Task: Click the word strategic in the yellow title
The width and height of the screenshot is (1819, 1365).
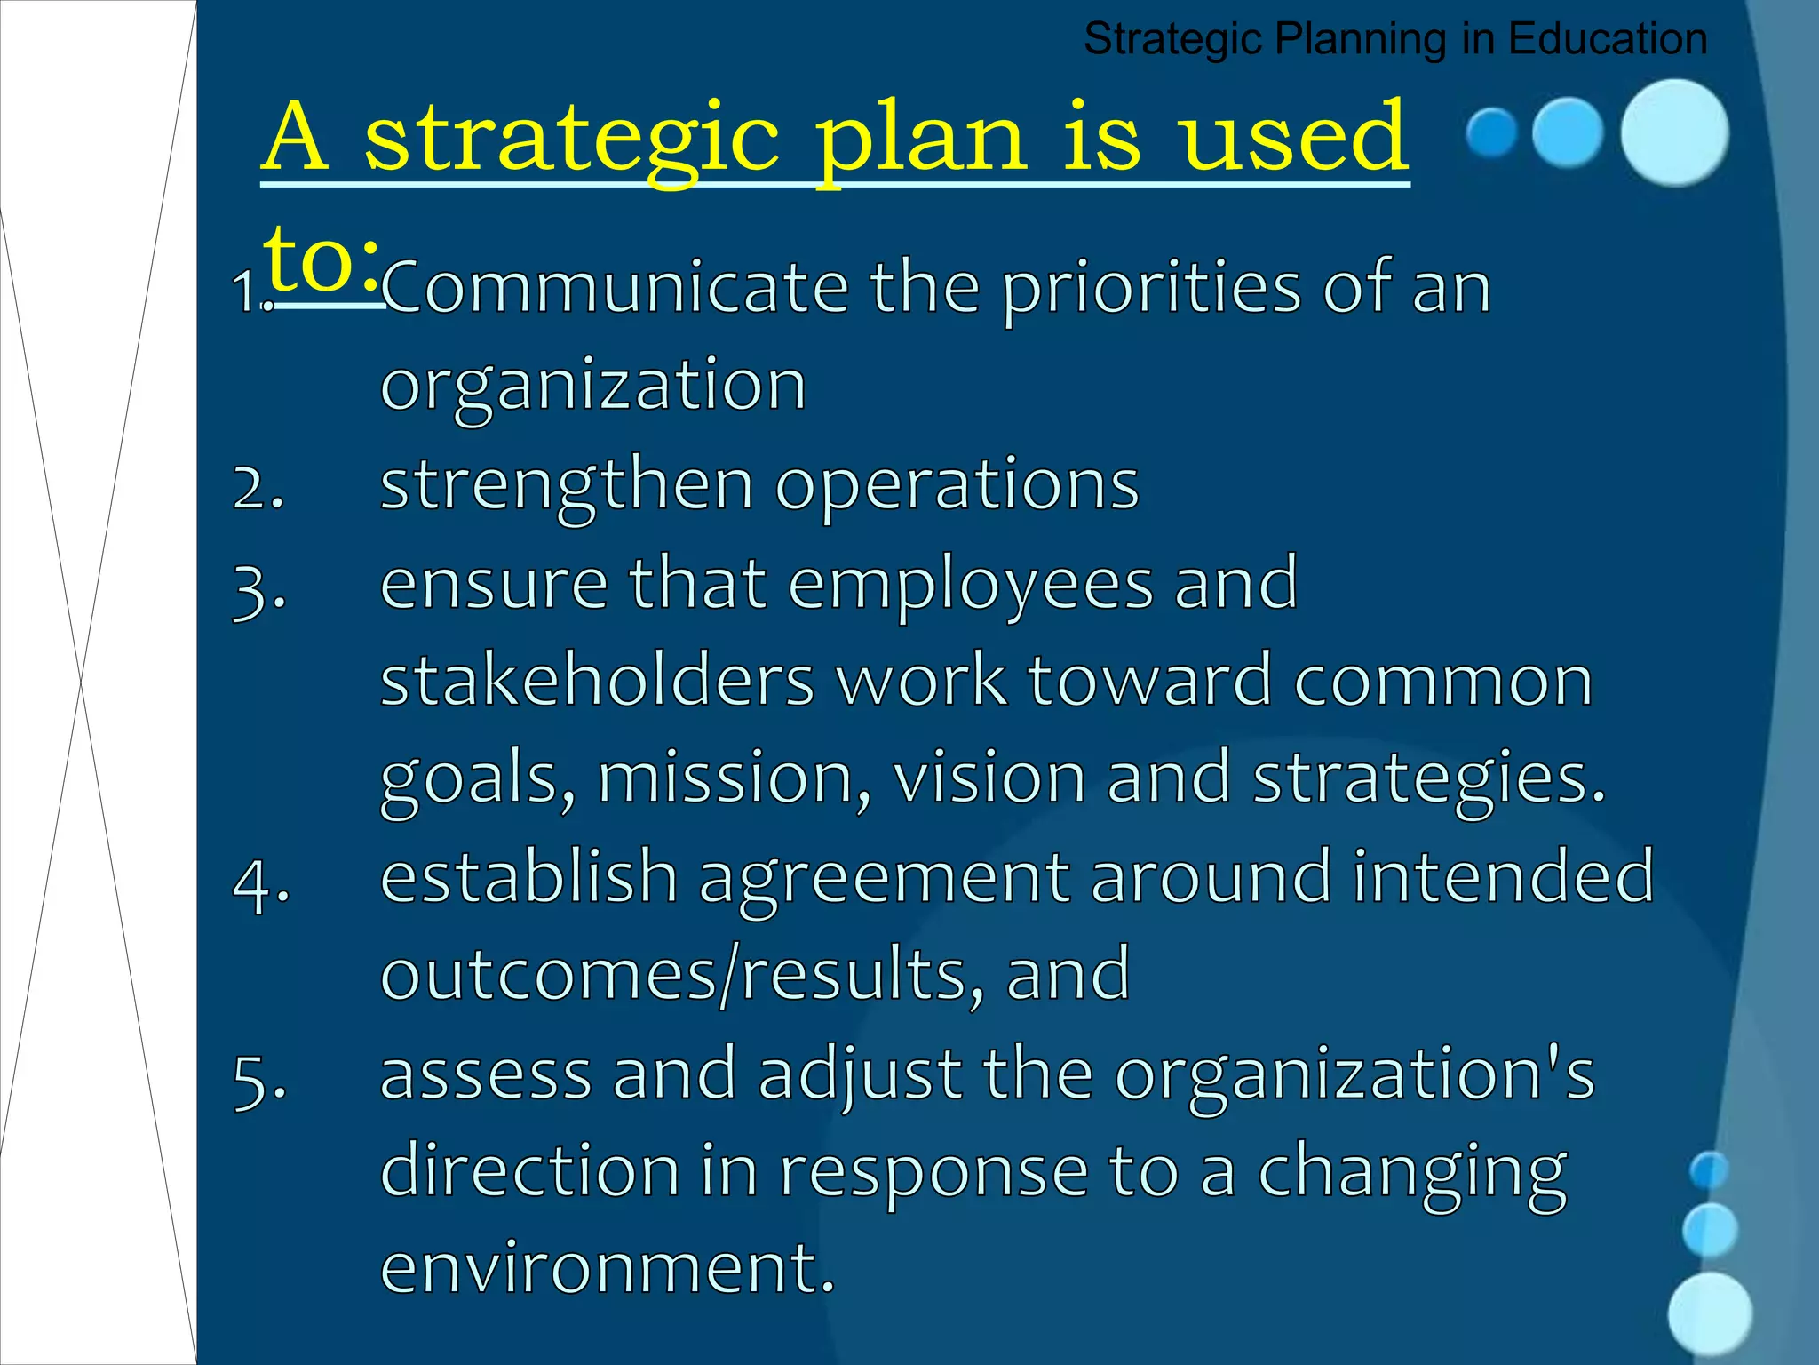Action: pyautogui.click(x=572, y=139)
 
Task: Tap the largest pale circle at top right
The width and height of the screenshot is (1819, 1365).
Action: pyautogui.click(x=1674, y=132)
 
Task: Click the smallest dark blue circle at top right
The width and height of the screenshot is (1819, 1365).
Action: pyautogui.click(x=1491, y=132)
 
